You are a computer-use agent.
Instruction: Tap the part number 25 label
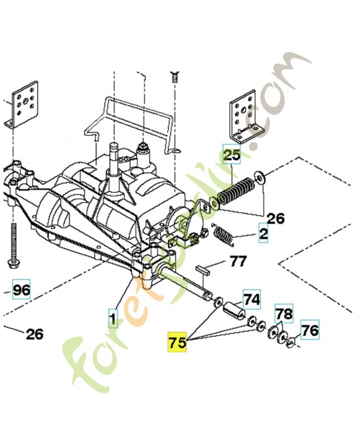tap(232, 155)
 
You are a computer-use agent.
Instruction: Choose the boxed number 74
tap(251, 299)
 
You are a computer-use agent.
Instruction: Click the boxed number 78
tap(284, 313)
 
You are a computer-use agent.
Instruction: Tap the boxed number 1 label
tap(113, 318)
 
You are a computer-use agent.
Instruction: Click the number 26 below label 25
tap(276, 218)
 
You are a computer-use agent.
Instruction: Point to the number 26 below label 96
tap(34, 334)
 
